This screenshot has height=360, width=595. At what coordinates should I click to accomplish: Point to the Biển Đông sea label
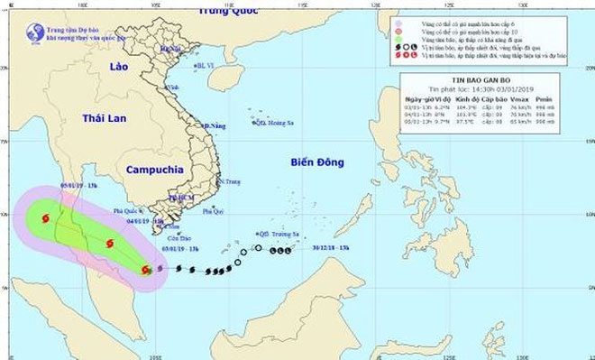tap(317, 162)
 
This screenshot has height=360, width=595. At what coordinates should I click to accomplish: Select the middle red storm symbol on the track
tap(109, 243)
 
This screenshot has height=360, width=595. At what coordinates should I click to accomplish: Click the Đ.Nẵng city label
tap(215, 125)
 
